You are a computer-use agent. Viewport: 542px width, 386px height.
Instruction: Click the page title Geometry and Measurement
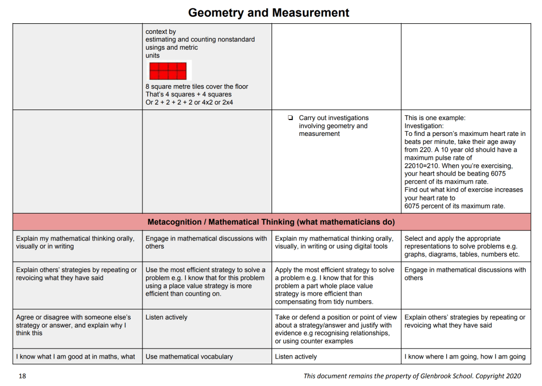(x=268, y=13)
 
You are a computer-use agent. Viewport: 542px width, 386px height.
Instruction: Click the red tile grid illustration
(x=168, y=71)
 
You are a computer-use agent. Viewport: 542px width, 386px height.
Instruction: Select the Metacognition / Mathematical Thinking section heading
(x=271, y=222)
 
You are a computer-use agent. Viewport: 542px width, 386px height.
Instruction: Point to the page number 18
(x=22, y=376)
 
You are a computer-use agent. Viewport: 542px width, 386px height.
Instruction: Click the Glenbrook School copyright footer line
(x=412, y=376)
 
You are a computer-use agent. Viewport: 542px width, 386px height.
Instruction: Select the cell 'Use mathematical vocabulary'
(x=189, y=356)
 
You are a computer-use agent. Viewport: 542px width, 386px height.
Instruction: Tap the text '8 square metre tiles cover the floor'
(x=196, y=87)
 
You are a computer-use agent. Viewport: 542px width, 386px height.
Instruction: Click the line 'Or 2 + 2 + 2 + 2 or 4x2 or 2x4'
(x=189, y=102)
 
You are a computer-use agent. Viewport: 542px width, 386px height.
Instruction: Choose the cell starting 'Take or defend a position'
(x=336, y=329)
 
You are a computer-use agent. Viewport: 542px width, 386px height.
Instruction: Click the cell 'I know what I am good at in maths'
(x=76, y=356)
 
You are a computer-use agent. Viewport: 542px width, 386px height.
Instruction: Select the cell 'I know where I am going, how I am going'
(x=465, y=356)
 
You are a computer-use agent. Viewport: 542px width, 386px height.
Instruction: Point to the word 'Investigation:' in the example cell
(x=424, y=126)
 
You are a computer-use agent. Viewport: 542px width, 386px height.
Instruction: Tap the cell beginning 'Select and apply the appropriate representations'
(x=460, y=246)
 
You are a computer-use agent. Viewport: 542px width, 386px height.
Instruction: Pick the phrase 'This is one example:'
(x=435, y=118)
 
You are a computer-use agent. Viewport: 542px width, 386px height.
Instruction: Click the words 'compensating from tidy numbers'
(x=324, y=301)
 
